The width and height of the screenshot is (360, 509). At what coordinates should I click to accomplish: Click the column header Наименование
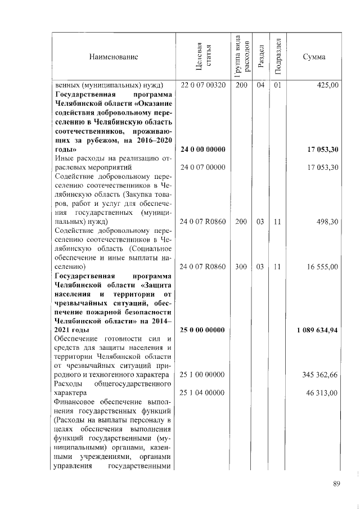click(113, 57)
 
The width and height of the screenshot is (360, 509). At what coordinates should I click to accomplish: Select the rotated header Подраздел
click(277, 57)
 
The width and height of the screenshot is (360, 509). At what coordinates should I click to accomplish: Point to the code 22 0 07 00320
click(202, 85)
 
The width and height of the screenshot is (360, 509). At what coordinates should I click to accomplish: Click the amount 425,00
click(327, 85)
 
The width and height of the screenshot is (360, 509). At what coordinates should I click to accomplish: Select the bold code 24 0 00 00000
click(202, 150)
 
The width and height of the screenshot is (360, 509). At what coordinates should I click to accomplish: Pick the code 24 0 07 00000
click(202, 168)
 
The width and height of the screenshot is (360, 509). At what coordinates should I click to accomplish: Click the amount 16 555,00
click(322, 267)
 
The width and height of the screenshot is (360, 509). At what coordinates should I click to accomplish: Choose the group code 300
click(241, 267)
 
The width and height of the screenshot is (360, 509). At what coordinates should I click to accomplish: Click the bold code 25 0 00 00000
click(202, 330)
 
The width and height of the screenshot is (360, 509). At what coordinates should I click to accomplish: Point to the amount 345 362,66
click(319, 375)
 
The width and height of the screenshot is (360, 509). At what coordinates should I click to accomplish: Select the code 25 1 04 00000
click(202, 393)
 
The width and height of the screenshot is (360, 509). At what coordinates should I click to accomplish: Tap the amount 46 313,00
click(322, 393)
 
